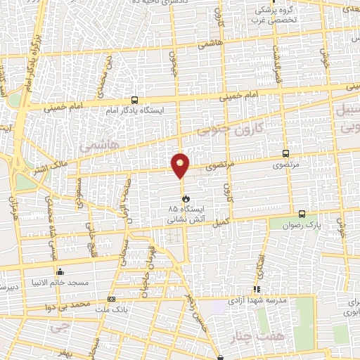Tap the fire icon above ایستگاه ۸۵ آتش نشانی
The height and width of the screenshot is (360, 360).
click(176, 200)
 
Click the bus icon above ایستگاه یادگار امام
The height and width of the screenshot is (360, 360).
click(134, 100)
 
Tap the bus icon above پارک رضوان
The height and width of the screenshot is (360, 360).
click(302, 214)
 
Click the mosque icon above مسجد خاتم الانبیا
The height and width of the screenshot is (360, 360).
click(59, 272)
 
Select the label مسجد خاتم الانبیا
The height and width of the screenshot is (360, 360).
click(59, 283)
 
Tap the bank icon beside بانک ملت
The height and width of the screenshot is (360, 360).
click(111, 299)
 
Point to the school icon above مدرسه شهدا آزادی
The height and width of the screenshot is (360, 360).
click(257, 289)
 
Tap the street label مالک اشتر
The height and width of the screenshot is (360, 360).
click(59, 167)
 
